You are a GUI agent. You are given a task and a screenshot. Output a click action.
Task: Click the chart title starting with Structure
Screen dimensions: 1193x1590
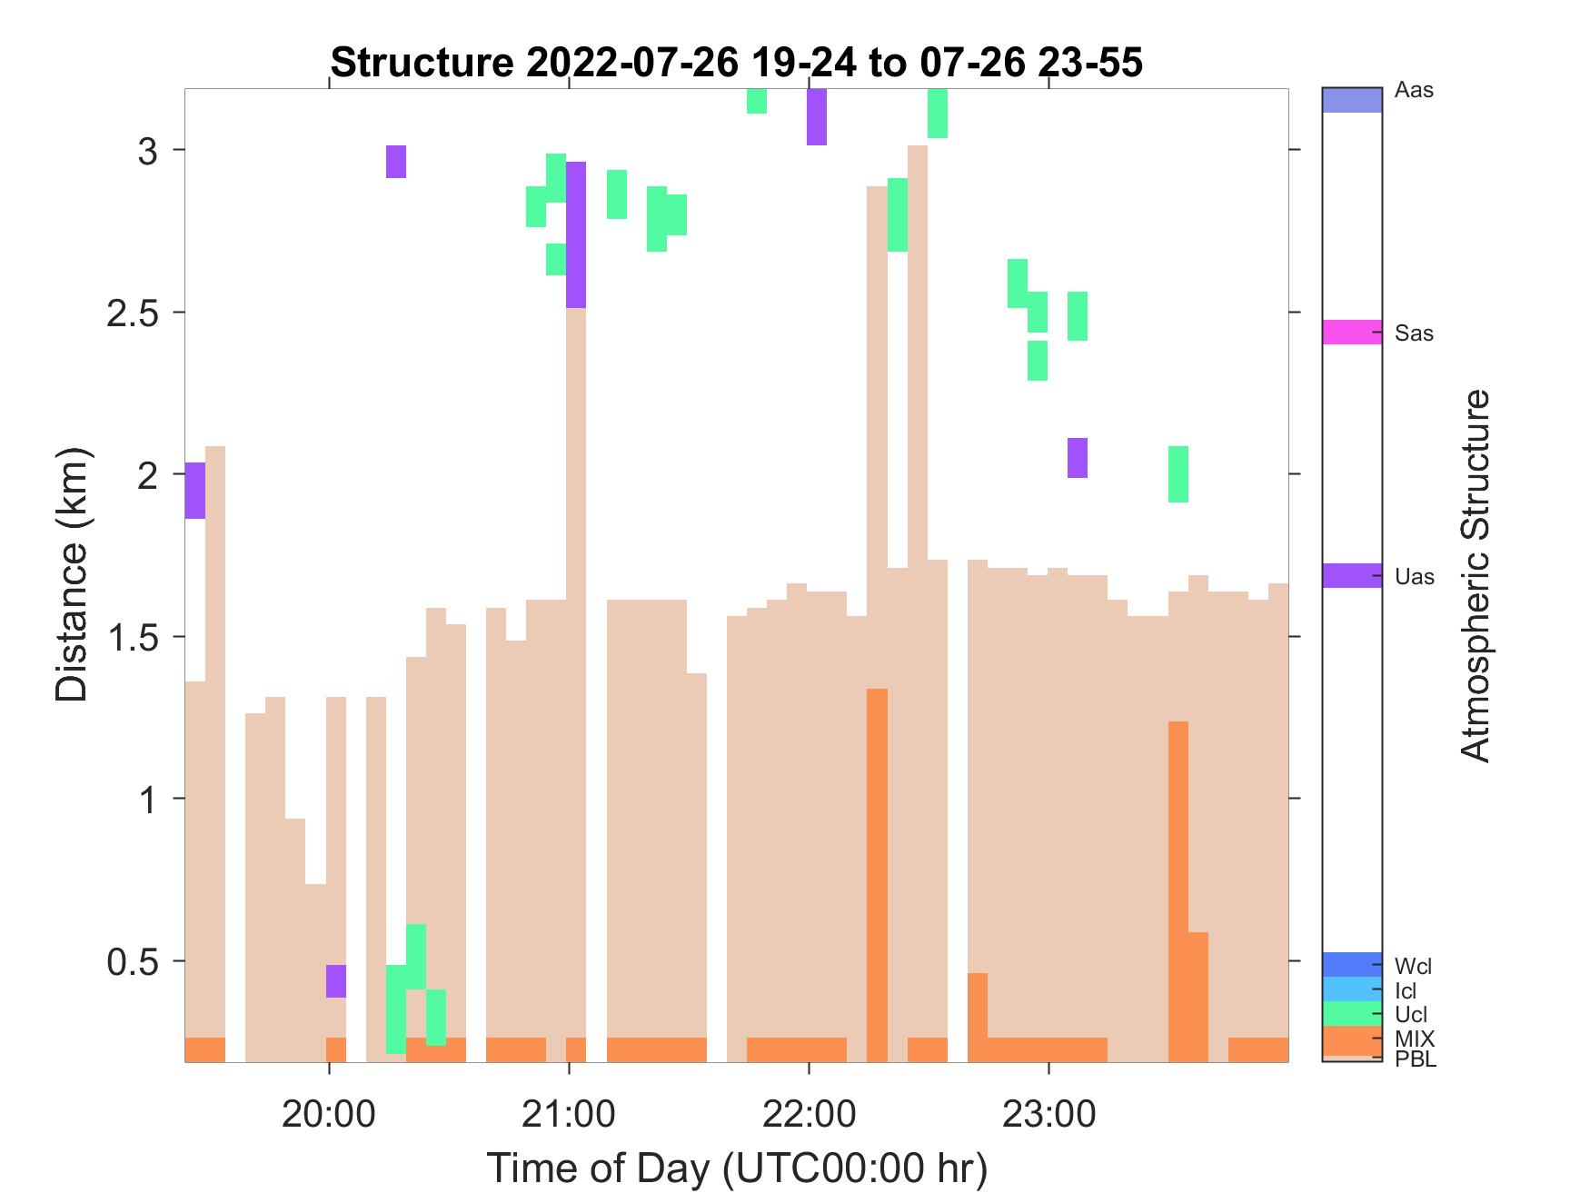pyautogui.click(x=736, y=63)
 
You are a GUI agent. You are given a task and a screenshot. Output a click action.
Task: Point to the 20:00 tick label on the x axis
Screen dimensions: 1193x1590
pyautogui.click(x=328, y=1113)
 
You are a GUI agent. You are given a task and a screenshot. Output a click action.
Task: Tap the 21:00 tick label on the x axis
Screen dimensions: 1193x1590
pyautogui.click(x=569, y=1113)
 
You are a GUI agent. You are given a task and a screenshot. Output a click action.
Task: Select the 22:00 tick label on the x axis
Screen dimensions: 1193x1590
pyautogui.click(x=809, y=1113)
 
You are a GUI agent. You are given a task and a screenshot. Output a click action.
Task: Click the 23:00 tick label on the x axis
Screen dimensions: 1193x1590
pyautogui.click(x=1048, y=1113)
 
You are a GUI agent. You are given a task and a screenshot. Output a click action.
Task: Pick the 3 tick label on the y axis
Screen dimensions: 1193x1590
pyautogui.click(x=148, y=151)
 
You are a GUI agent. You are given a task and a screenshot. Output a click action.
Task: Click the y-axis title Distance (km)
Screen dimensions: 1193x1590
pyautogui.click(x=73, y=574)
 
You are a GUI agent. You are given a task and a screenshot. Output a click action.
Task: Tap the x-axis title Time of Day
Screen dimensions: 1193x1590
pyautogui.click(x=736, y=1168)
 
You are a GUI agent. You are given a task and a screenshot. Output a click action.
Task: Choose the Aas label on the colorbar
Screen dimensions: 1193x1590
pyautogui.click(x=1414, y=91)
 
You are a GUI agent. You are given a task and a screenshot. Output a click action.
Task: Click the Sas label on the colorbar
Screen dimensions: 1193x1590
pyautogui.click(x=1414, y=333)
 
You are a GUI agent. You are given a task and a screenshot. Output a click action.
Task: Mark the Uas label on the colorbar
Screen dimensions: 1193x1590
pyautogui.click(x=1414, y=577)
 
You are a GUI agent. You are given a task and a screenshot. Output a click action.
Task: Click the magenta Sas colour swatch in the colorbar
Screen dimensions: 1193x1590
pyautogui.click(x=1352, y=332)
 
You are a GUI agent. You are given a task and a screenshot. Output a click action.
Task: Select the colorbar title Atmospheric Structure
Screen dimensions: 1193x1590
pyautogui.click(x=1476, y=574)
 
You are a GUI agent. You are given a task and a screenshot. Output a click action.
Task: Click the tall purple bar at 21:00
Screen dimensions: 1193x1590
pyautogui.click(x=576, y=234)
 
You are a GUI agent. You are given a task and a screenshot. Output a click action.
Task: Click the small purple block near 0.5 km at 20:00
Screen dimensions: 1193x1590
pyautogui.click(x=336, y=981)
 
